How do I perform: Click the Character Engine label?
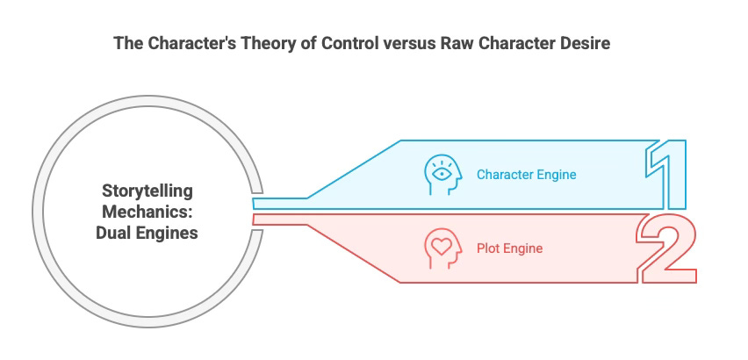526,174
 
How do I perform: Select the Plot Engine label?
509,248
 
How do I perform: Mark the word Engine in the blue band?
557,174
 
